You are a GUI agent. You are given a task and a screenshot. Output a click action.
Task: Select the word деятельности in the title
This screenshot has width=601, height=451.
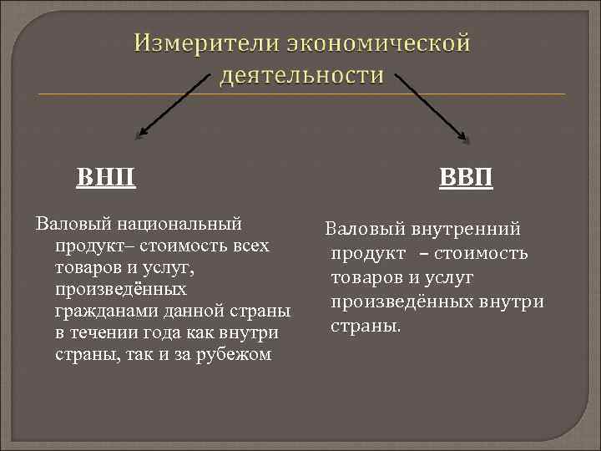point(301,75)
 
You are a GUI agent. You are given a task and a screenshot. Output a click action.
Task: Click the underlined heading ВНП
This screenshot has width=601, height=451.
point(107,178)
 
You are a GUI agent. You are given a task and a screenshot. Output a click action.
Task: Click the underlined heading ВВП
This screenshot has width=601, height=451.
point(467,179)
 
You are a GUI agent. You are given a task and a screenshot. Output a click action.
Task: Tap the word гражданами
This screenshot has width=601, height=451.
point(101,312)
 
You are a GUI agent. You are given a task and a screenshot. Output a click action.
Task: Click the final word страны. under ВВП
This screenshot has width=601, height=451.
point(366,324)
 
